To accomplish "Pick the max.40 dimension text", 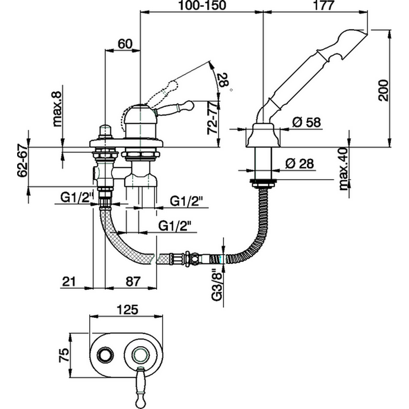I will click(x=344, y=169).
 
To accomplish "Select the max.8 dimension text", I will click(x=57, y=109).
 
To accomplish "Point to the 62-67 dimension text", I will click(x=22, y=160).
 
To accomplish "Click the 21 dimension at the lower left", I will click(x=68, y=281).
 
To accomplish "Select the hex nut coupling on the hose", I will click(x=188, y=258).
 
